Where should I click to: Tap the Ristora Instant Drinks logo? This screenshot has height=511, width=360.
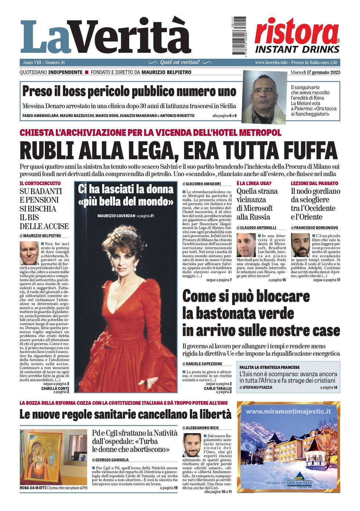click(x=297, y=36)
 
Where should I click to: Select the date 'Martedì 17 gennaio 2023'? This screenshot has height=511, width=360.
click(x=315, y=72)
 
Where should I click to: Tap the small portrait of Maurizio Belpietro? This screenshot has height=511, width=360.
click(x=29, y=253)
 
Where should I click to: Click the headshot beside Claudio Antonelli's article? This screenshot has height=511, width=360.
click(x=246, y=245)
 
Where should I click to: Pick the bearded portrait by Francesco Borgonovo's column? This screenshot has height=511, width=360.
click(x=300, y=245)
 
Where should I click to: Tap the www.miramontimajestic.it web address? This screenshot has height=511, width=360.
click(x=288, y=412)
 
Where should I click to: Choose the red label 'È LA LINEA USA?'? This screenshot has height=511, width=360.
click(x=254, y=183)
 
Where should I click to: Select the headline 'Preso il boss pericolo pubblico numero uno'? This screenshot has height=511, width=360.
click(x=129, y=91)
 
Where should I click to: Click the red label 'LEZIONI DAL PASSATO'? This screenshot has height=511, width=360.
click(x=314, y=183)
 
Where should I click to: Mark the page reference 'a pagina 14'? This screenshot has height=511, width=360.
click(x=328, y=387)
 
